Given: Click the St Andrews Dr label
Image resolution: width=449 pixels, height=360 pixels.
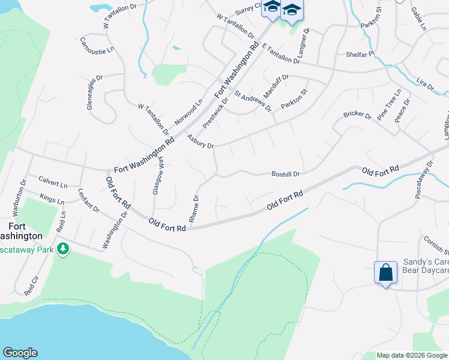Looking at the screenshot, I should (253, 101).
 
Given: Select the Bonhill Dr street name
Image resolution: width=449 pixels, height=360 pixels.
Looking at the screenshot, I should (285, 174).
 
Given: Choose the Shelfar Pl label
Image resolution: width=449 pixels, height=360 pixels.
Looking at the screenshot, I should (360, 54).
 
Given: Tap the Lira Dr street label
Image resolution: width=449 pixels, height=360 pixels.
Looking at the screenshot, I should (424, 83).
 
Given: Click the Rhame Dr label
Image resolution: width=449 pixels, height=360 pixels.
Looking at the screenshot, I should (194, 209).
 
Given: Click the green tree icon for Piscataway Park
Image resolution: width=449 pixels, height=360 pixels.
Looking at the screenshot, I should (62, 249).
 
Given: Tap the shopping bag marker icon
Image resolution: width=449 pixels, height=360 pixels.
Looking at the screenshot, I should (385, 272).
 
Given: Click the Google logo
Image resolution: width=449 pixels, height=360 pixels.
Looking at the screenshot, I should (20, 353).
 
